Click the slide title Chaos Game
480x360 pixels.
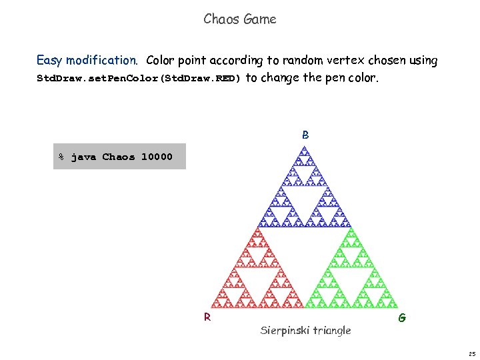(x=240, y=19)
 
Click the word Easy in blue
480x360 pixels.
(x=49, y=61)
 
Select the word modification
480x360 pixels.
(x=102, y=61)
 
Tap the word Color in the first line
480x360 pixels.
(x=160, y=61)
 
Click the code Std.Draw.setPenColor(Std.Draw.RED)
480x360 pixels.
(x=139, y=78)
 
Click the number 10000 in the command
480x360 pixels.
(x=157, y=157)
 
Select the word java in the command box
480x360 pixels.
(x=83, y=157)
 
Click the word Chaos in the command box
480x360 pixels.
(x=118, y=157)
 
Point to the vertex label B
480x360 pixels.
(x=305, y=135)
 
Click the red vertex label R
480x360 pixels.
(x=207, y=317)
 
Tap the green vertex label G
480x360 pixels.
(x=402, y=318)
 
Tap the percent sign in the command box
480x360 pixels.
(x=61, y=157)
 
